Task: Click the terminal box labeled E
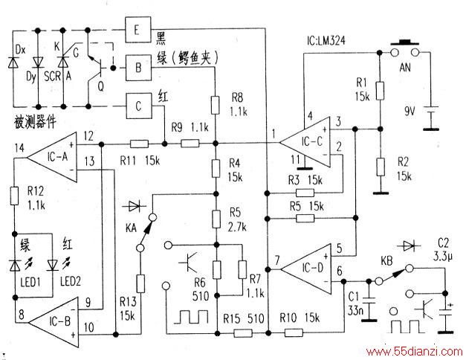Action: coord(138,30)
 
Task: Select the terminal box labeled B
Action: coord(138,68)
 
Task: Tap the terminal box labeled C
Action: coord(139,106)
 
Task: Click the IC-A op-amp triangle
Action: coord(52,157)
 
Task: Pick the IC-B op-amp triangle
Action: coord(54,322)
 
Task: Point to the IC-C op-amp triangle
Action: coord(305,143)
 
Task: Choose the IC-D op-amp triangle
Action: coord(306,269)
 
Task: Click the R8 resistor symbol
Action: coord(216,105)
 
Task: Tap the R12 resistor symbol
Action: coord(14,196)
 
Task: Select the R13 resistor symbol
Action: coord(140,284)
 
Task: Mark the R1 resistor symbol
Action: coord(380,91)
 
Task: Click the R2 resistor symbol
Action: coord(380,167)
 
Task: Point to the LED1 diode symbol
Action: coord(15,266)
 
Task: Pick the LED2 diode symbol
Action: coord(53,266)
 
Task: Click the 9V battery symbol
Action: coord(430,118)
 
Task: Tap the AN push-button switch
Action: coord(405,49)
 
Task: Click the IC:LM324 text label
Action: coord(326,40)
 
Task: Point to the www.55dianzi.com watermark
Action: coord(414,352)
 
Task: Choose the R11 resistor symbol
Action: coord(139,144)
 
